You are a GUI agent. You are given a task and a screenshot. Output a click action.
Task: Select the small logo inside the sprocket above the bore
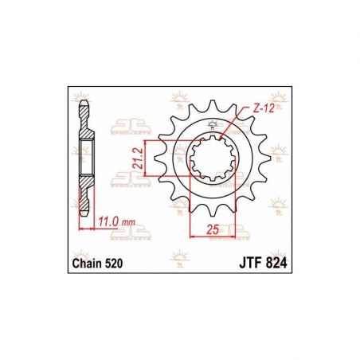[213, 123]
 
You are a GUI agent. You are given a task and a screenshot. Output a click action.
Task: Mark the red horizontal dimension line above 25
[211, 237]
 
